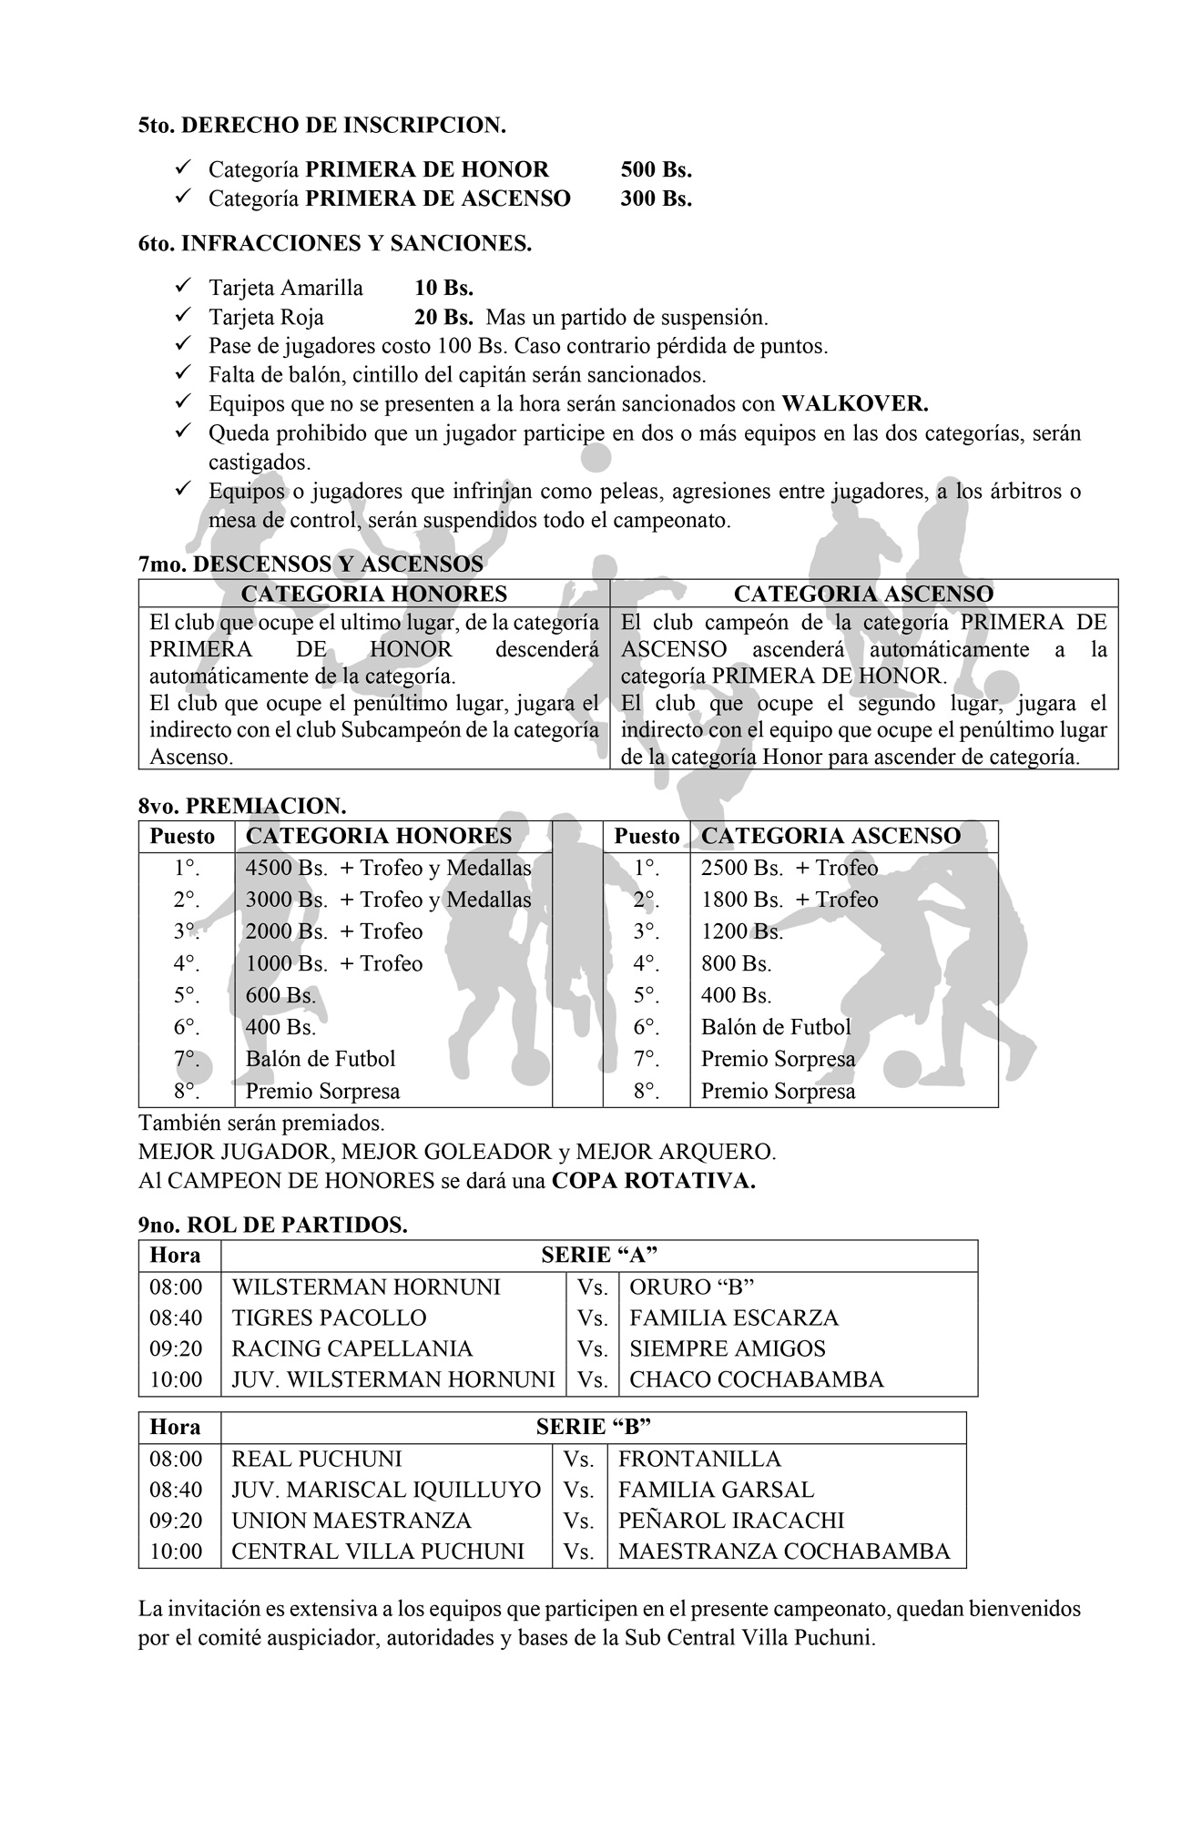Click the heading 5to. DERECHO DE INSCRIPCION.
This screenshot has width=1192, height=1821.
click(x=321, y=126)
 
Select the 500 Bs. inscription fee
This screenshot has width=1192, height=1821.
click(x=656, y=170)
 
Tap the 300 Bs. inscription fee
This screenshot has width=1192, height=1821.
click(x=656, y=198)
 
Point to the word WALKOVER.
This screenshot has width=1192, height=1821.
click(x=855, y=403)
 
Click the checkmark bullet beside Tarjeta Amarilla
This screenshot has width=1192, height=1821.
click(x=181, y=287)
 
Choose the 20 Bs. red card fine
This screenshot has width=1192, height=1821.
click(x=443, y=318)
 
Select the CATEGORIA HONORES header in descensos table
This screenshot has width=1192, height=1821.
click(x=373, y=595)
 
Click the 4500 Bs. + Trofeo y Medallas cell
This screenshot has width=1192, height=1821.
click(x=388, y=868)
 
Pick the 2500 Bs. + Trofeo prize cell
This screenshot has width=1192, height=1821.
click(x=789, y=868)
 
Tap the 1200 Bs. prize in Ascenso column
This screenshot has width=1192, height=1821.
click(x=741, y=931)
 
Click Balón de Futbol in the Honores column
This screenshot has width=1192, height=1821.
click(x=321, y=1059)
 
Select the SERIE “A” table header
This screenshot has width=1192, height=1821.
click(x=599, y=1256)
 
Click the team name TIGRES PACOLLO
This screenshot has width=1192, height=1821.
click(x=329, y=1317)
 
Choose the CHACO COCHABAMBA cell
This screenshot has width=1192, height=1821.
click(x=757, y=1379)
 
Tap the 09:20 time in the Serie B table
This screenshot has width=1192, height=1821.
click(x=176, y=1521)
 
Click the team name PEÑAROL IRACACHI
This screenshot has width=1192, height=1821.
click(x=731, y=1521)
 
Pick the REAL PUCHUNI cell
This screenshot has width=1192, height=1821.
click(x=316, y=1459)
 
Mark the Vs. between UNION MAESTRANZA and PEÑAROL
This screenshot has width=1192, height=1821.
click(x=578, y=1521)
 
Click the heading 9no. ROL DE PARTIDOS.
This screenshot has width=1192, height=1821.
click(x=272, y=1226)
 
